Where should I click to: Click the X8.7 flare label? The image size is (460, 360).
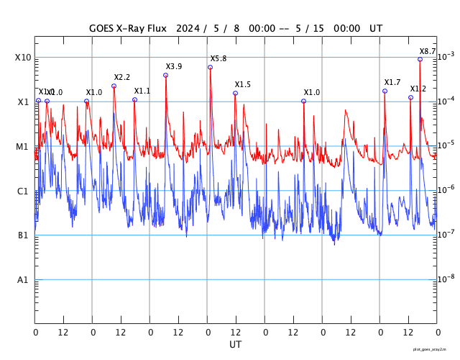tap(428, 51)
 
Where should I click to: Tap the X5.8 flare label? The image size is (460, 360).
tap(218, 58)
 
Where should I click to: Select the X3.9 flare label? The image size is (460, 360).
tap(174, 66)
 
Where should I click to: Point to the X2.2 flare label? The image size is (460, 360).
tap(122, 77)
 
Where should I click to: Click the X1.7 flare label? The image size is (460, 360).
tap(392, 82)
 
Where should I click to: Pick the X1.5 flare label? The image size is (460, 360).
tap(243, 84)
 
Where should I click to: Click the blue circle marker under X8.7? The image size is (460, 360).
tap(420, 59)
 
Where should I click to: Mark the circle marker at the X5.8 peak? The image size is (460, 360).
tap(210, 67)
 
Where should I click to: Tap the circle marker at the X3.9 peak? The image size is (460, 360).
tap(165, 75)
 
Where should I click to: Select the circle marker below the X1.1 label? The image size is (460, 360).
tap(134, 99)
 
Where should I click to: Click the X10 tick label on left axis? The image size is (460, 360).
tap(22, 58)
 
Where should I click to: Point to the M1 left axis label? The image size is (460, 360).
tap(22, 147)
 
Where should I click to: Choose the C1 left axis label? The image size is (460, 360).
tap(22, 192)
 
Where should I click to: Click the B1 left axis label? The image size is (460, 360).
tap(22, 235)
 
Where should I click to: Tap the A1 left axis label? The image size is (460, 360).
tap(22, 280)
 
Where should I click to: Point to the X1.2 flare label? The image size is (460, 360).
tap(418, 89)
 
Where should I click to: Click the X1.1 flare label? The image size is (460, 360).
tap(142, 91)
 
